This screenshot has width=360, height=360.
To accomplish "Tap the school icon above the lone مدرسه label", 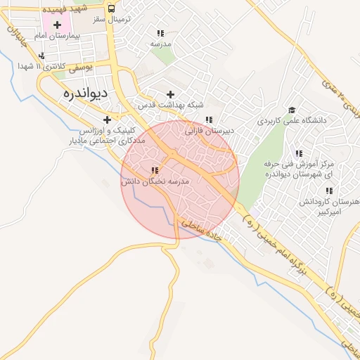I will (161, 33).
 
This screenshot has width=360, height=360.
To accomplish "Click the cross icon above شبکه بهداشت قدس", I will (170, 94).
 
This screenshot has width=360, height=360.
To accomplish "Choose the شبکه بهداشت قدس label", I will (160, 104).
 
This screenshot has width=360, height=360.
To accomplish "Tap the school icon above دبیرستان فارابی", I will (208, 120).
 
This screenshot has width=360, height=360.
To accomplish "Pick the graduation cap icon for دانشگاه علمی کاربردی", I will (292, 110).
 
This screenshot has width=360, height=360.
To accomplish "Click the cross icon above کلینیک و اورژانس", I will (107, 120).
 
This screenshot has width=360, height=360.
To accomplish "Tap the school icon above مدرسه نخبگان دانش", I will (155, 170).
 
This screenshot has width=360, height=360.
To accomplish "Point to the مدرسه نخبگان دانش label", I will (155, 181).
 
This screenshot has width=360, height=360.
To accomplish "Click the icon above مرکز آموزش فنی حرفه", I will (299, 153).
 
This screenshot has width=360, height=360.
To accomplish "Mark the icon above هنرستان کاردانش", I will (328, 191).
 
